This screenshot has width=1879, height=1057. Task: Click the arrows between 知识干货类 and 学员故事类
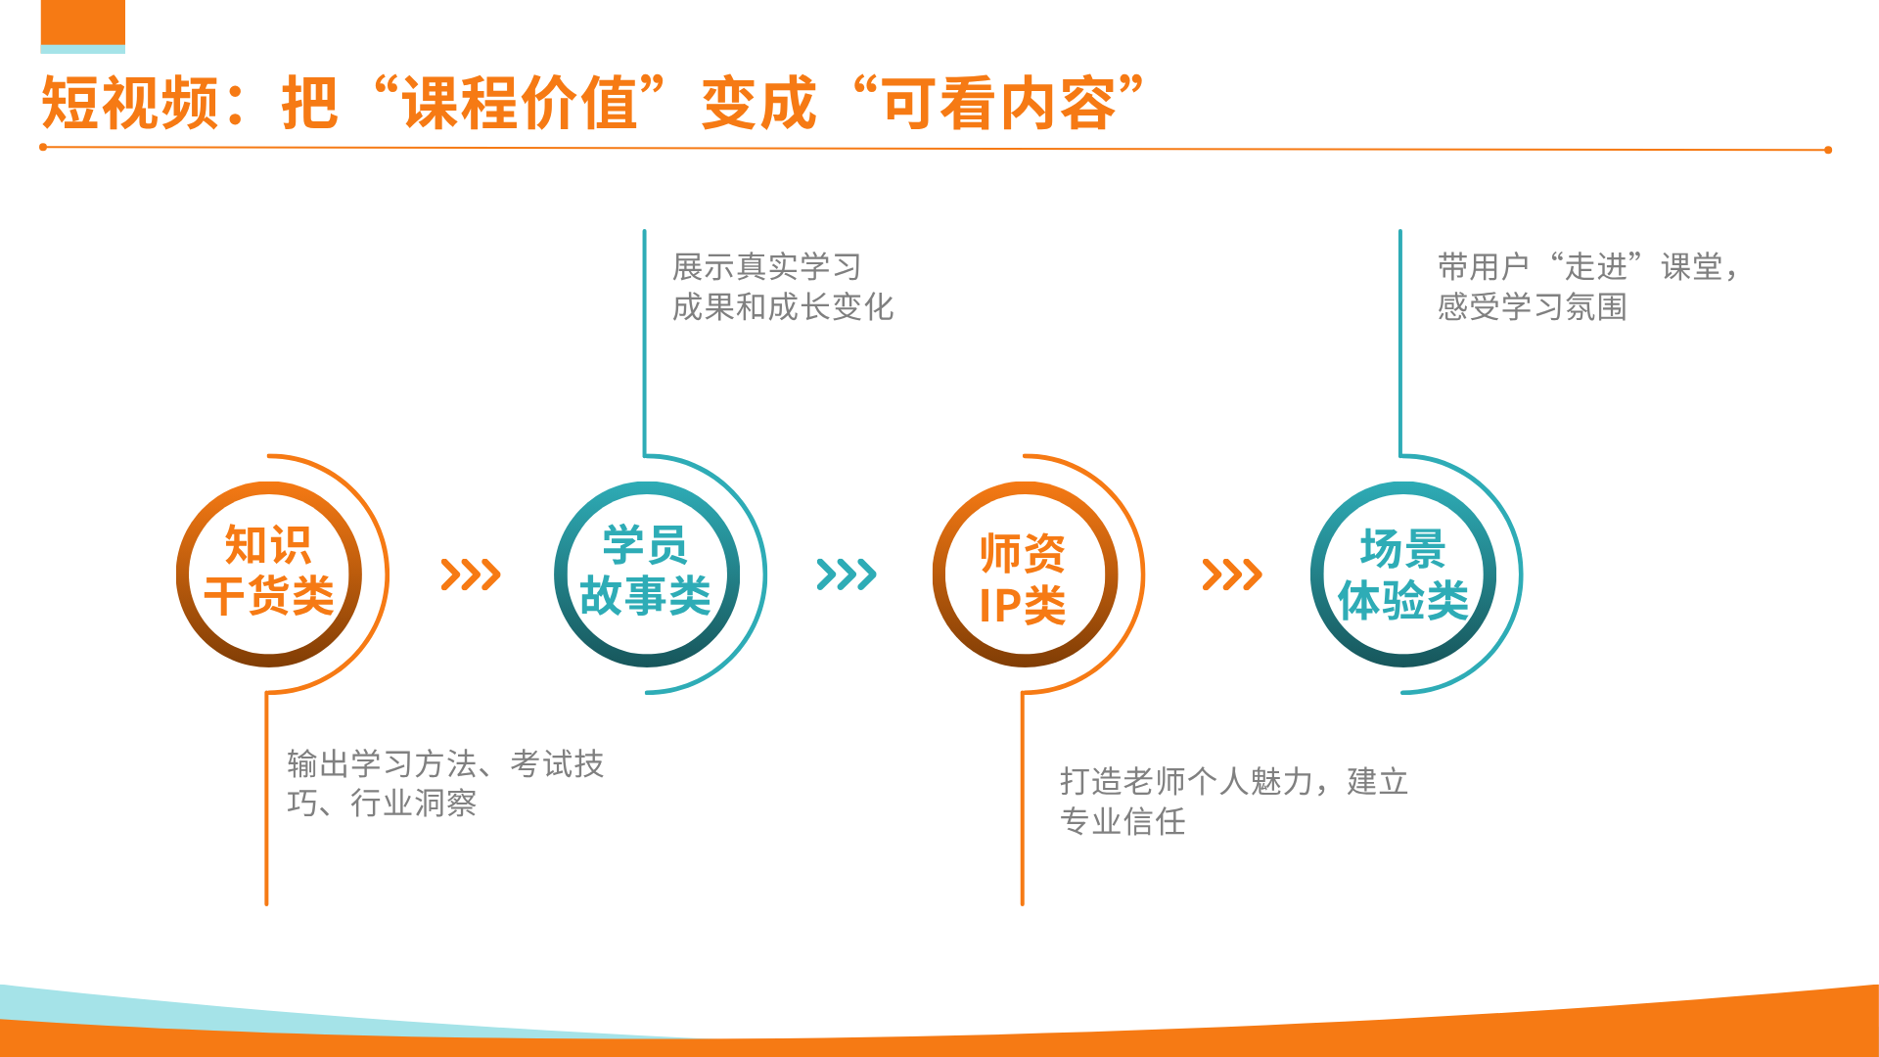[471, 574]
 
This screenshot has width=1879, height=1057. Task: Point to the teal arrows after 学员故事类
[847, 574]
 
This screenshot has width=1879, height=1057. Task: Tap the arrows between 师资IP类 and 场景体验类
[1232, 574]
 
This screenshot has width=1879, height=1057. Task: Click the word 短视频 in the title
[129, 103]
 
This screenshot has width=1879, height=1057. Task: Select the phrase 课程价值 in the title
[520, 103]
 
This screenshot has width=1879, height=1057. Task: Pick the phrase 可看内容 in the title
[999, 103]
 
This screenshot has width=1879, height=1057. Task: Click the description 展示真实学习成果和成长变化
[783, 287]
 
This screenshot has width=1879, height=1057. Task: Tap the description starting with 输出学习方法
[445, 783]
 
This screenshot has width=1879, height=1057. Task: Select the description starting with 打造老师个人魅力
[1234, 802]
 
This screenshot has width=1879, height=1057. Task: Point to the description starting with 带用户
[1588, 287]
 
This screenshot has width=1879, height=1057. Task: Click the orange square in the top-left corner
[83, 23]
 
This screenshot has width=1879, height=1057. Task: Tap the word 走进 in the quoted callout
[1595, 266]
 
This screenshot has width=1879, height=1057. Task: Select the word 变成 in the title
[759, 103]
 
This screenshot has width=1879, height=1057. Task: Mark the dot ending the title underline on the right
[1827, 150]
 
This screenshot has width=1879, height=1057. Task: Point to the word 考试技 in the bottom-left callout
[557, 763]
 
